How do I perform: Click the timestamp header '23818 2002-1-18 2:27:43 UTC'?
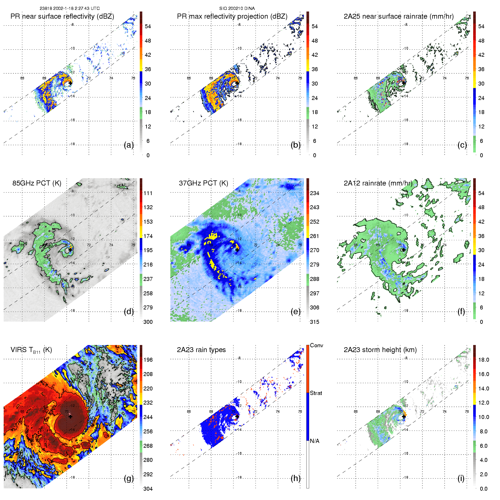click(x=69, y=8)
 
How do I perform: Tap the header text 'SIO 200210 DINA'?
click(x=237, y=8)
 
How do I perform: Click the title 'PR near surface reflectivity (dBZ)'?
click(x=62, y=16)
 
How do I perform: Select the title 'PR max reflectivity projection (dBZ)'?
click(x=232, y=16)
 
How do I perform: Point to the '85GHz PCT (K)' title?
click(x=37, y=183)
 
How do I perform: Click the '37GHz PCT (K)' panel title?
click(x=203, y=183)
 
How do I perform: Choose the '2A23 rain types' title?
click(x=201, y=350)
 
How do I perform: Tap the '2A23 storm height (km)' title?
click(x=380, y=350)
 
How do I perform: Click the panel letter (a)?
click(x=129, y=145)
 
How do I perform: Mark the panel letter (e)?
click(x=296, y=312)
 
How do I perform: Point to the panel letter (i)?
click(x=461, y=478)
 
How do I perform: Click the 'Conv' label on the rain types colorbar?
click(x=316, y=345)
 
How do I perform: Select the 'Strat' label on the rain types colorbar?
click(x=316, y=393)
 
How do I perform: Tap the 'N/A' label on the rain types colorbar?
click(x=315, y=441)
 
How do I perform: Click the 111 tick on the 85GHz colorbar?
click(x=148, y=193)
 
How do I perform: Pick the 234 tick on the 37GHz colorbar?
click(x=315, y=193)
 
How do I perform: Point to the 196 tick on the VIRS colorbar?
click(x=148, y=360)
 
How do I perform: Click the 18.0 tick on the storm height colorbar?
click(x=484, y=360)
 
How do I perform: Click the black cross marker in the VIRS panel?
click(x=70, y=417)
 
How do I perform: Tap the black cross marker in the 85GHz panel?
click(x=70, y=250)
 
